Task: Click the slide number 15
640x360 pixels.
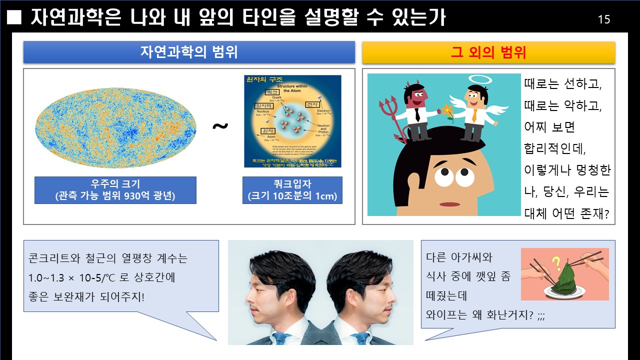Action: [x=604, y=19]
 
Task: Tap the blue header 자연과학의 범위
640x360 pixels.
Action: [x=189, y=52]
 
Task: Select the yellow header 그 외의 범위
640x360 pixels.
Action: [x=488, y=52]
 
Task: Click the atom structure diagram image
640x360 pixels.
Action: [x=292, y=121]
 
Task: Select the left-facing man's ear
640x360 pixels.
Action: [x=291, y=296]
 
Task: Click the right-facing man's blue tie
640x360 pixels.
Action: [x=361, y=338]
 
